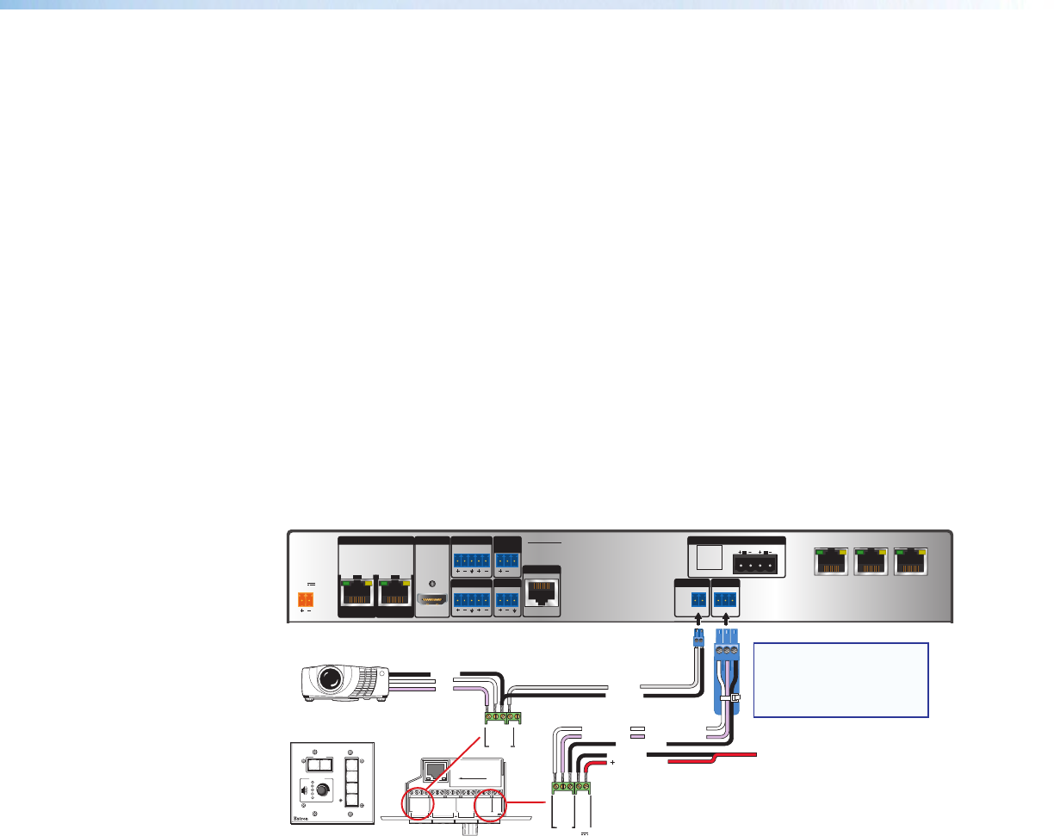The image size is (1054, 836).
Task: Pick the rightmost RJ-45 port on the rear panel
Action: (912, 562)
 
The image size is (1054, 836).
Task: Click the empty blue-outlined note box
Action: (840, 679)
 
